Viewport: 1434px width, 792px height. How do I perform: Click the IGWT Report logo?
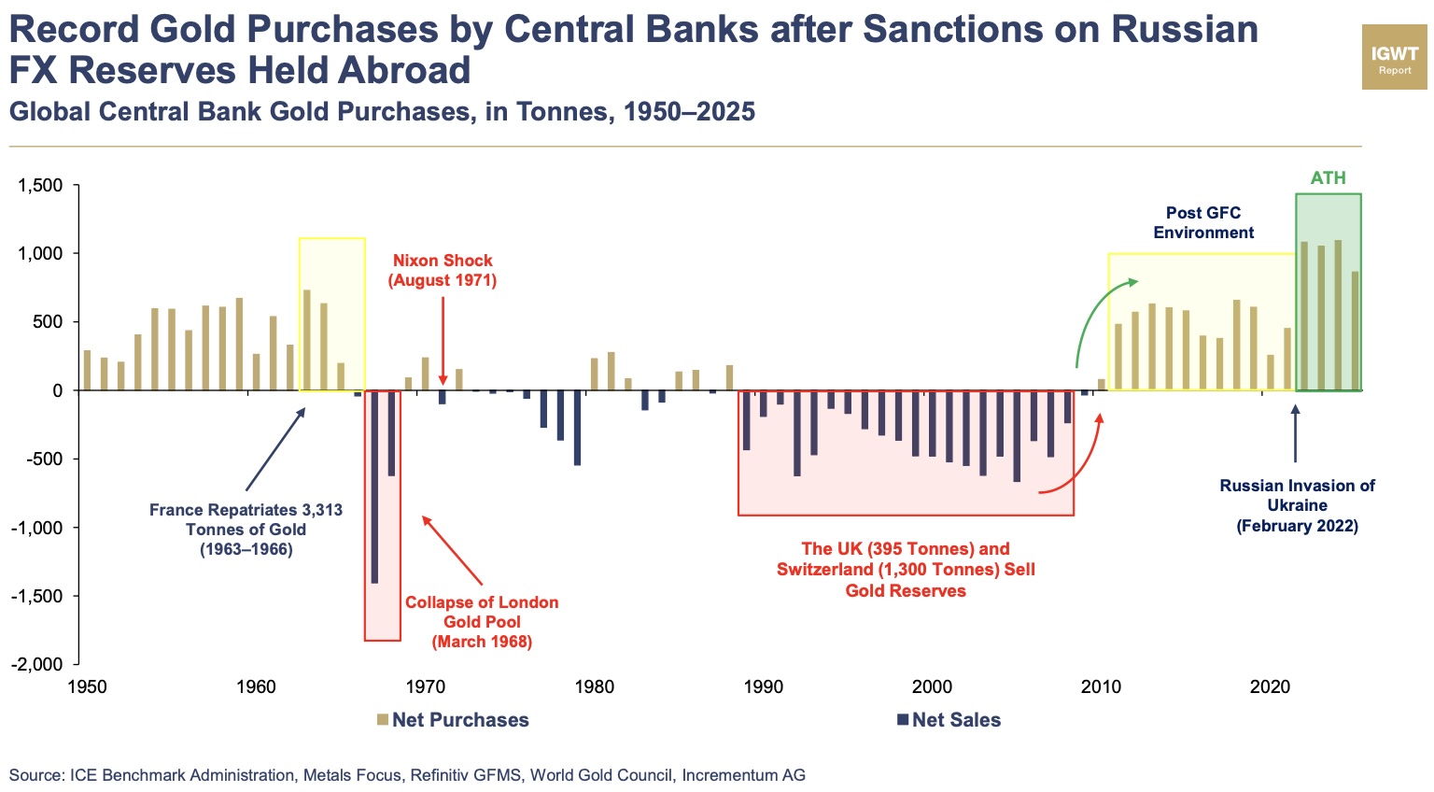(x=1394, y=58)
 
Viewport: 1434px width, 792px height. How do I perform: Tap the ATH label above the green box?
(x=1328, y=177)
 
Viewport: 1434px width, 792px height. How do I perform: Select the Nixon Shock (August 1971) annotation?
(x=443, y=270)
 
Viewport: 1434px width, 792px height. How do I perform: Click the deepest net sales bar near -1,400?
(x=374, y=486)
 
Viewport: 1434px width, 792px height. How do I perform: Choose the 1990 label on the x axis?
(x=763, y=687)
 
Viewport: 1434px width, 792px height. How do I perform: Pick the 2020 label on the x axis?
(x=1270, y=687)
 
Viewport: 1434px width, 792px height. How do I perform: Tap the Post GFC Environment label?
(x=1203, y=222)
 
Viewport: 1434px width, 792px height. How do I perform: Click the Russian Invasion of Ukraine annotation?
(x=1297, y=505)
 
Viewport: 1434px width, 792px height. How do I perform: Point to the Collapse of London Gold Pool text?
(x=482, y=622)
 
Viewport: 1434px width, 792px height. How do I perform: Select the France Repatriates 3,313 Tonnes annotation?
(x=246, y=530)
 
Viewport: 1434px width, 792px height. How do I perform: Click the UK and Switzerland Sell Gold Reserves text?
(x=906, y=570)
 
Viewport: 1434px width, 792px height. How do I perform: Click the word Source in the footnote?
(x=35, y=775)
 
